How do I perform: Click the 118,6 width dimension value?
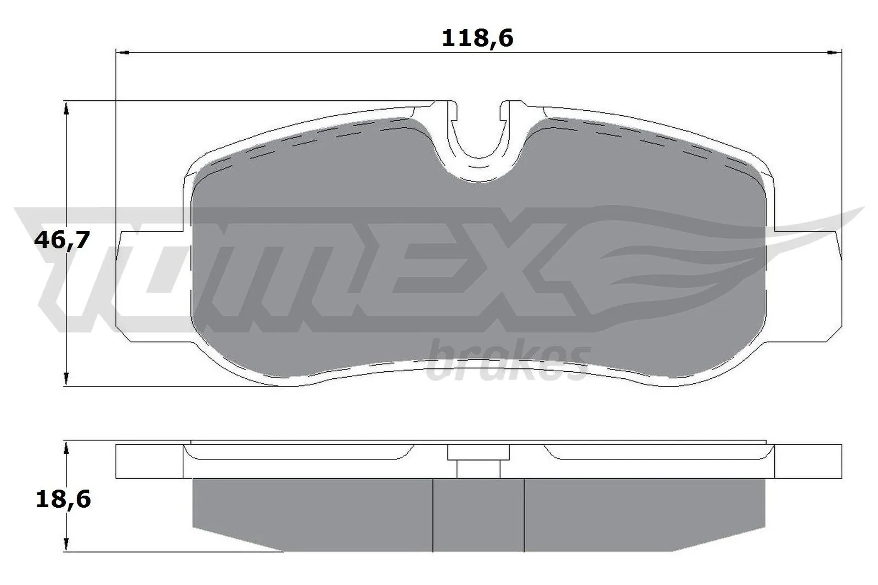(x=477, y=38)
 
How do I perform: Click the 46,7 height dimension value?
(x=61, y=240)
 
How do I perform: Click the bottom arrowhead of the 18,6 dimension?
(x=66, y=544)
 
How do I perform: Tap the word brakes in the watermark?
(x=508, y=363)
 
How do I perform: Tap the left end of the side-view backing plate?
(x=148, y=461)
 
